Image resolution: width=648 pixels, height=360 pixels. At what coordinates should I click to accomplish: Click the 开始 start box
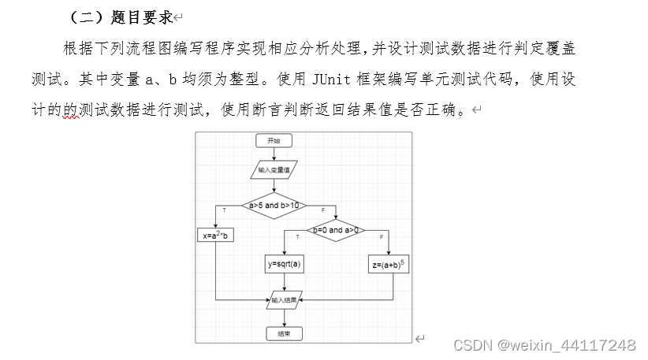274,140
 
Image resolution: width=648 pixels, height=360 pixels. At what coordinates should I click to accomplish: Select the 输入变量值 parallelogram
274,169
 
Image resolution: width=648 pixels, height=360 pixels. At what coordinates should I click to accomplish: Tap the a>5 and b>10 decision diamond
274,206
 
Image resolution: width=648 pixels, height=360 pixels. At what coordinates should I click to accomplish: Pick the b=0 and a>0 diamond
336,230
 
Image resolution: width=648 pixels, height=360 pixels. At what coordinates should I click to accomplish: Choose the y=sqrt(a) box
285,265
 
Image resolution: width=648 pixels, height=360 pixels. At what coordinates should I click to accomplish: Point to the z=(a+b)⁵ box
389,265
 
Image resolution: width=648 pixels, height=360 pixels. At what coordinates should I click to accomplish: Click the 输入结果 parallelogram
285,299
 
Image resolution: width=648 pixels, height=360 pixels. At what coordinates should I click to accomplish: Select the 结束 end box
285,333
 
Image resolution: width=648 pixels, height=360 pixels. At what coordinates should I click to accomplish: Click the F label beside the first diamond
322,210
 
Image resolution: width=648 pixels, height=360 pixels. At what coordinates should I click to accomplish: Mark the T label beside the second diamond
297,236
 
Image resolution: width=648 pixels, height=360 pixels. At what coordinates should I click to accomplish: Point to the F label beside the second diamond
382,236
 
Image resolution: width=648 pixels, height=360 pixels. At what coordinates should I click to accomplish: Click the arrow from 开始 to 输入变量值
274,154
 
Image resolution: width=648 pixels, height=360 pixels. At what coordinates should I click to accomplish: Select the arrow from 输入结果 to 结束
285,317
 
